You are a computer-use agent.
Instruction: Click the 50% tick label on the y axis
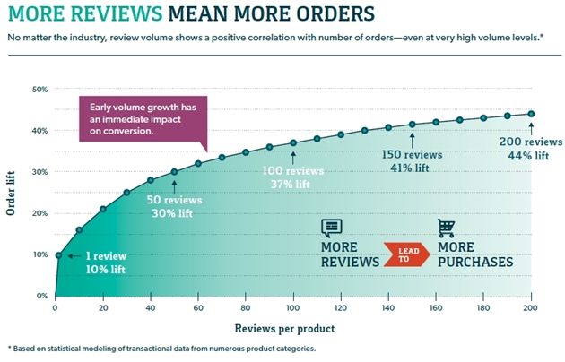39,89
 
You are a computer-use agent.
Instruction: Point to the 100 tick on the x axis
293,307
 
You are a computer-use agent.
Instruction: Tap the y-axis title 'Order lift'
12,193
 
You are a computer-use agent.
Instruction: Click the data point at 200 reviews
531,114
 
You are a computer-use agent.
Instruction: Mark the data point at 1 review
58,255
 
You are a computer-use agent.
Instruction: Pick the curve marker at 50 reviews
174,171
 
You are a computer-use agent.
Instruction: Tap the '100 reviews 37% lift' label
293,177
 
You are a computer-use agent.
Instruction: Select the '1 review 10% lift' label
107,263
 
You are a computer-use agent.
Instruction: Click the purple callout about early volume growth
141,117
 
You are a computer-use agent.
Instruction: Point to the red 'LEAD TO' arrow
404,254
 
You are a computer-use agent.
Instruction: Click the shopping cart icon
446,228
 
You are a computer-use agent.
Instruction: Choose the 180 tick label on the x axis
483,307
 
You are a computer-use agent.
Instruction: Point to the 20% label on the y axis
39,213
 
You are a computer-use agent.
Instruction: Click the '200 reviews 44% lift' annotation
531,149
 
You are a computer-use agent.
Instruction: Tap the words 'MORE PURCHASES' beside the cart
474,254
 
